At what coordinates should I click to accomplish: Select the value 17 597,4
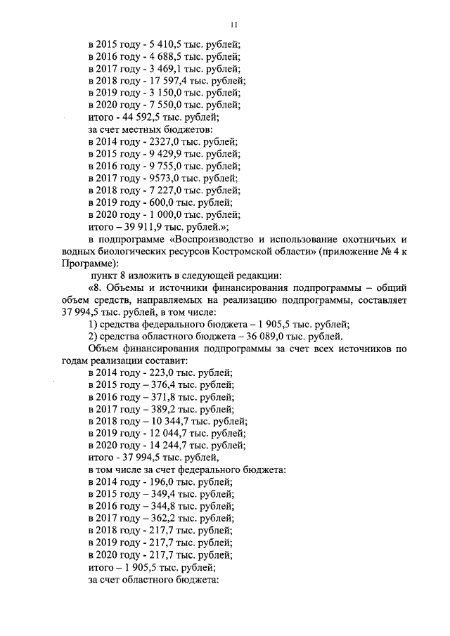tap(168, 81)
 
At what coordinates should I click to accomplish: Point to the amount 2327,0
tap(162, 141)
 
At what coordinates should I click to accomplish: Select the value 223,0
tap(160, 372)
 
